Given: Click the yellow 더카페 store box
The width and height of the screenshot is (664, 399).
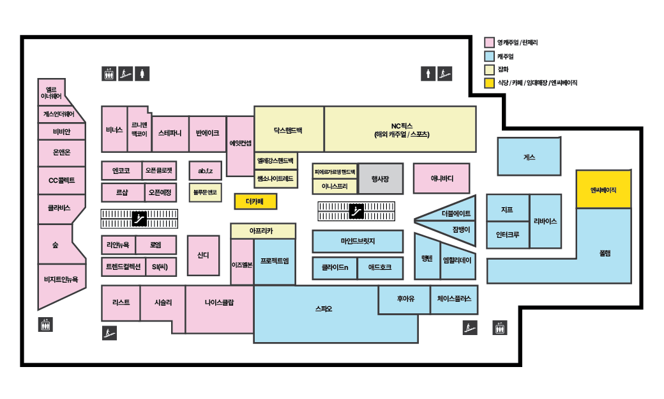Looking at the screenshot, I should click(x=254, y=201).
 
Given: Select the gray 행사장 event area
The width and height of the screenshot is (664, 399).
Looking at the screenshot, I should click(x=380, y=179).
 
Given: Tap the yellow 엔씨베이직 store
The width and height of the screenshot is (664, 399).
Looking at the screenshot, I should click(x=603, y=189).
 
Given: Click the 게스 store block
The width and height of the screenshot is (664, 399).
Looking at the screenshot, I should click(x=529, y=157).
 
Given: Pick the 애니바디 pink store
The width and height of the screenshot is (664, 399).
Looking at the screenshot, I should click(x=441, y=179).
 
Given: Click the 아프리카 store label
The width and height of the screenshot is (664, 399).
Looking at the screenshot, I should click(x=262, y=231).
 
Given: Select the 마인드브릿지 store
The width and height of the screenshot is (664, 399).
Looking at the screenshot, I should click(x=358, y=241).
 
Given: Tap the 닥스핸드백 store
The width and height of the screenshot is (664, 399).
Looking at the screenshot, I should click(x=289, y=129).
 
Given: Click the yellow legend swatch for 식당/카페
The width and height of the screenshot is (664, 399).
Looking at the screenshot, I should click(x=490, y=82).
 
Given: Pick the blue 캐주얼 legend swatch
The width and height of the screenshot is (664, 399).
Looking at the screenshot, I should click(x=490, y=56).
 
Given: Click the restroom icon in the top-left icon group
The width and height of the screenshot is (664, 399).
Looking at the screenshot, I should click(x=142, y=74).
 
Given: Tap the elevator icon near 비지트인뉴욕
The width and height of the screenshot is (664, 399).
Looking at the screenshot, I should click(x=45, y=324).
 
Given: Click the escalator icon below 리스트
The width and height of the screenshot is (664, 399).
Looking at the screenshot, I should click(x=109, y=332).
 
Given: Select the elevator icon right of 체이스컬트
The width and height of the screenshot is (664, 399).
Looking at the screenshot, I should click(x=501, y=328).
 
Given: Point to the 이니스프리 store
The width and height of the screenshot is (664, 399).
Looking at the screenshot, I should click(x=335, y=187).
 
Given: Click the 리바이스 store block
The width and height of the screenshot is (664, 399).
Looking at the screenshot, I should click(x=545, y=221).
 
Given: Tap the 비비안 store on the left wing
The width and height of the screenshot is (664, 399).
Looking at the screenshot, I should click(x=56, y=132).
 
